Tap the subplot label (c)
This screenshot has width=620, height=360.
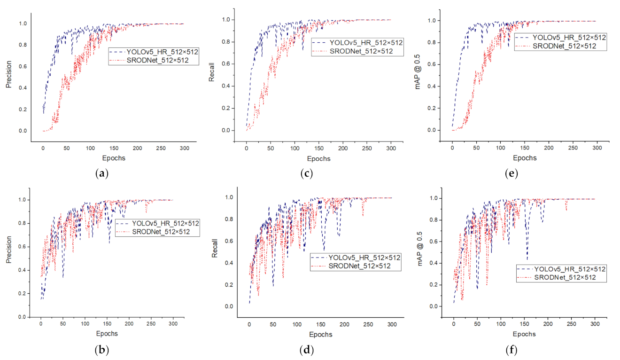[306, 173]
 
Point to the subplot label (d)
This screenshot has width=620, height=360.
[306, 350]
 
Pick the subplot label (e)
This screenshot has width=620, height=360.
[511, 173]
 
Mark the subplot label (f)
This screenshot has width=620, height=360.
[511, 350]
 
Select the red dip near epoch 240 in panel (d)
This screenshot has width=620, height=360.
[363, 216]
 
